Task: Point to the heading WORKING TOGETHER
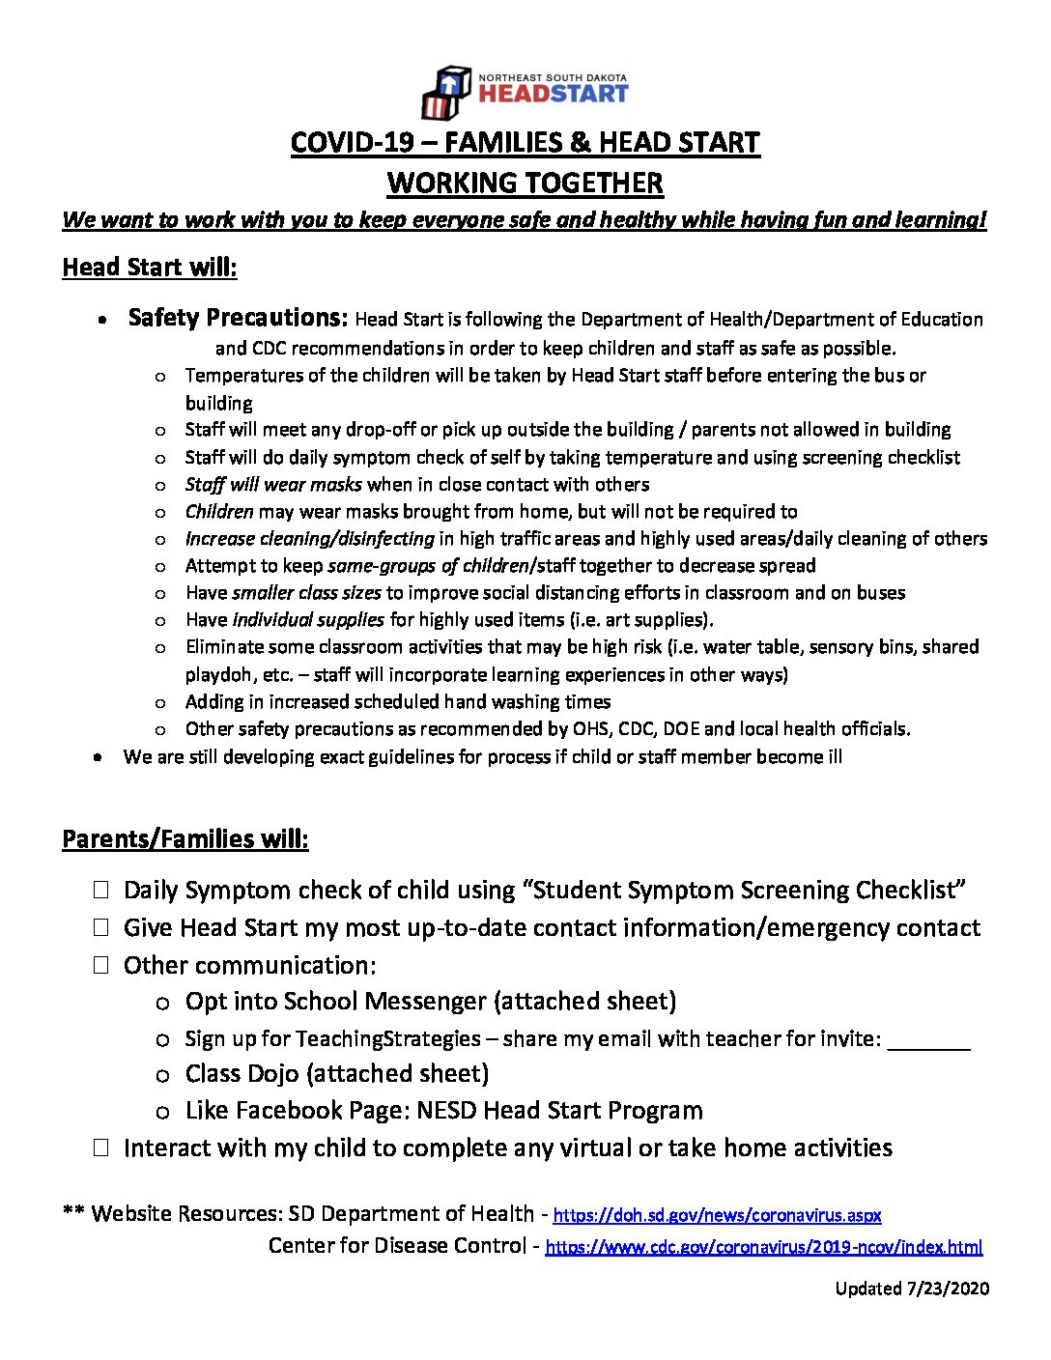[x=525, y=184]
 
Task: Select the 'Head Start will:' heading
[x=149, y=268]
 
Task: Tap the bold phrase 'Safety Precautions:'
[x=238, y=318]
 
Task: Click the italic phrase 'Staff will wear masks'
[x=273, y=484]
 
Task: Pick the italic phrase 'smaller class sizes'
[x=306, y=592]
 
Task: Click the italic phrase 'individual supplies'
[x=308, y=619]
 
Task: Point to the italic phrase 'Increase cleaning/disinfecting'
[x=309, y=538]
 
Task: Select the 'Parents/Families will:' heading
[x=185, y=838]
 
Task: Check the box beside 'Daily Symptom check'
[x=101, y=890]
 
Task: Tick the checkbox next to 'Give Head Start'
[x=101, y=927]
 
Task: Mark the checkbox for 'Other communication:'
[x=101, y=964]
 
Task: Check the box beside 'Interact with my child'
[x=101, y=1147]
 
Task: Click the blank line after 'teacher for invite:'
[x=927, y=1041]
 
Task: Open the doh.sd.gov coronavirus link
[x=717, y=1215]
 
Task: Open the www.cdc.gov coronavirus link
[x=763, y=1247]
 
